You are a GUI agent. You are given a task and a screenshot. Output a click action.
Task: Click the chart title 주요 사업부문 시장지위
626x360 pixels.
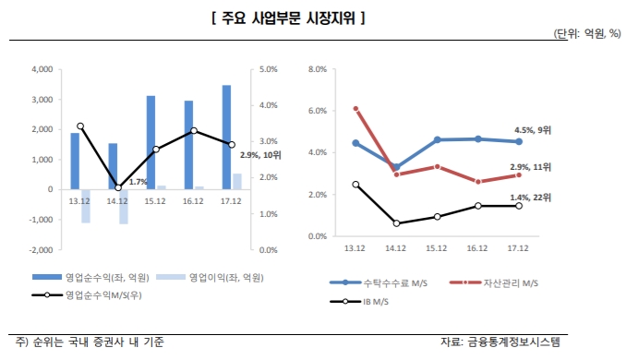tap(286, 16)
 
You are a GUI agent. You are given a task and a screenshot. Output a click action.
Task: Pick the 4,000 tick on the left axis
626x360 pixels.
tap(42, 69)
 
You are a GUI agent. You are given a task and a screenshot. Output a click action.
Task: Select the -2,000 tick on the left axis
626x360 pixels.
tap(41, 249)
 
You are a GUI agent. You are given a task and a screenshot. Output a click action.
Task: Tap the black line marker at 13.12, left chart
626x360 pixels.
tap(80, 126)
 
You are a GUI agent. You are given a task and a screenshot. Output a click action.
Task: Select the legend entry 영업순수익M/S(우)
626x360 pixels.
tap(105, 295)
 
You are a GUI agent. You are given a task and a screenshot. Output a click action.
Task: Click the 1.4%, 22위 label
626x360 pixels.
tap(531, 198)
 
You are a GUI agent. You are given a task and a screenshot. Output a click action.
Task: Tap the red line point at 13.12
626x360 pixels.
tap(356, 109)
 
